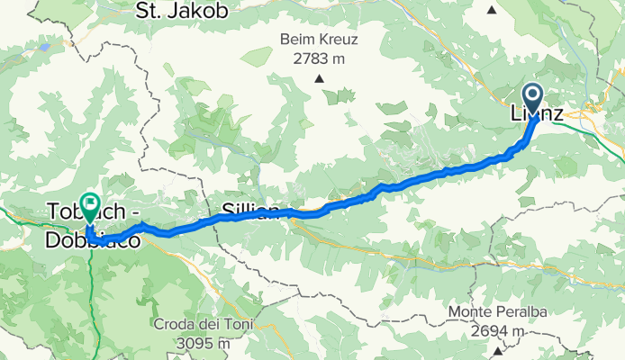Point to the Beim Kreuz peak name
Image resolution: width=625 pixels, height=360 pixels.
pyautogui.click(x=320, y=40)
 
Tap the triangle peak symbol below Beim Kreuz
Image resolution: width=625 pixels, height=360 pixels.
pyautogui.click(x=319, y=78)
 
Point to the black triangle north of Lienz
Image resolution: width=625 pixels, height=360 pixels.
pyautogui.click(x=492, y=10)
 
